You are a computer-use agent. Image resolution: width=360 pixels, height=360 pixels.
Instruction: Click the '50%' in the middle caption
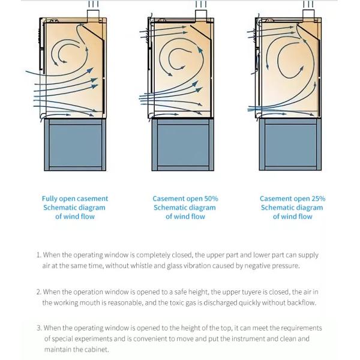tap(211, 199)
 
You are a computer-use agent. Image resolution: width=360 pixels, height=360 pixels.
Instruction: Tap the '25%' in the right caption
tap(317, 199)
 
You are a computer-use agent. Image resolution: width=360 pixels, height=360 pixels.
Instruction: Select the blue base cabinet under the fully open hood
tap(75, 145)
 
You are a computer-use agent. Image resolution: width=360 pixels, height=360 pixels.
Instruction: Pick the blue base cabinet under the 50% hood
tap(183, 145)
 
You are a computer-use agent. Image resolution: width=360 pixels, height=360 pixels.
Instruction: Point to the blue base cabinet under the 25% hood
tap(290, 145)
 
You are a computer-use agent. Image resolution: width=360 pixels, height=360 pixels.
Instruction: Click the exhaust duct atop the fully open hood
tap(93, 16)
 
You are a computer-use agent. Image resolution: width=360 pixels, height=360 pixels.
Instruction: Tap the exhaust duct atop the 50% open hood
tap(201, 16)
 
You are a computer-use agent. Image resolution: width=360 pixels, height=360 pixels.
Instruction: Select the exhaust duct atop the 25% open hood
tap(308, 16)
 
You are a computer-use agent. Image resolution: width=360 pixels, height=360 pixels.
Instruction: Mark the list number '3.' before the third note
tap(39, 328)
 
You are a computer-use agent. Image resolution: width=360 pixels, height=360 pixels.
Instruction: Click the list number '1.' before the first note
tap(39, 255)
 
